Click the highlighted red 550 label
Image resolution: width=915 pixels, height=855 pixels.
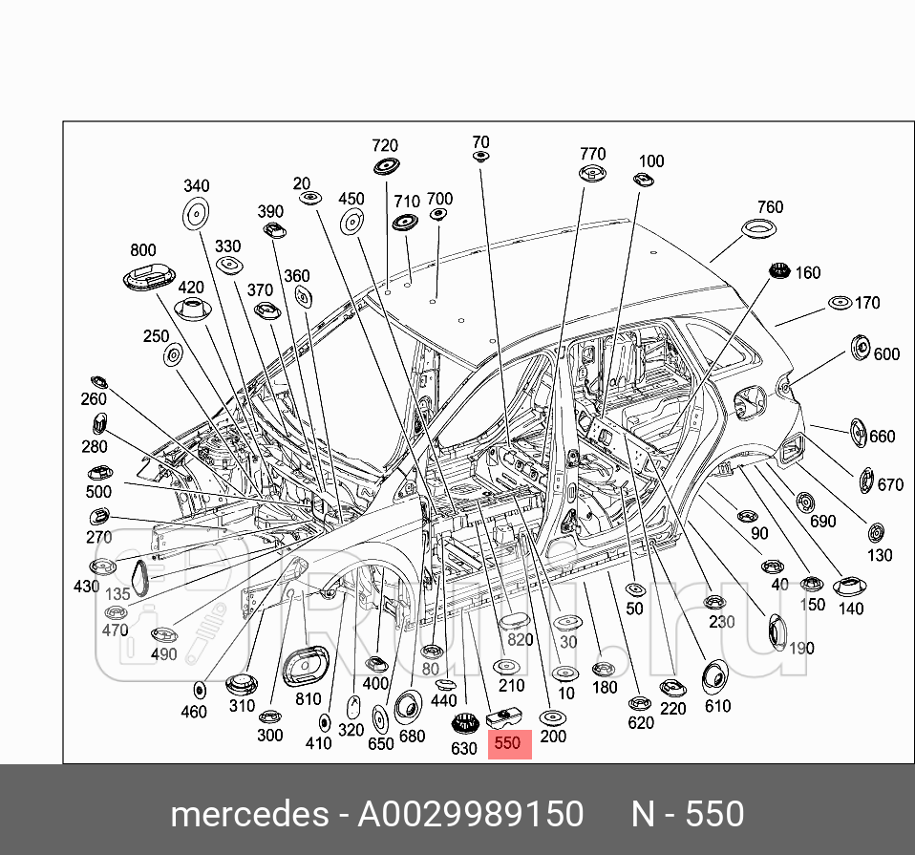pyautogui.click(x=508, y=742)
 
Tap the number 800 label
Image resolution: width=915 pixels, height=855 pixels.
pyautogui.click(x=143, y=250)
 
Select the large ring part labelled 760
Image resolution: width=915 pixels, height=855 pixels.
pyautogui.click(x=760, y=230)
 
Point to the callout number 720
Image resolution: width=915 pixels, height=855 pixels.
pyautogui.click(x=384, y=145)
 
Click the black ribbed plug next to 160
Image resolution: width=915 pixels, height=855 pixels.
pyautogui.click(x=779, y=272)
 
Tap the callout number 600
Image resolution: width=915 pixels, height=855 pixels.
pyautogui.click(x=886, y=353)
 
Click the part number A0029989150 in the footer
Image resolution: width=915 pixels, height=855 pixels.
pyautogui.click(x=470, y=814)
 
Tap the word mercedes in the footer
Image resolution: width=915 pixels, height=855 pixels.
pyautogui.click(x=247, y=814)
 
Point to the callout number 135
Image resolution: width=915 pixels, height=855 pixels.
pyautogui.click(x=117, y=593)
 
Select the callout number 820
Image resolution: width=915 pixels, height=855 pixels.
pyautogui.click(x=520, y=640)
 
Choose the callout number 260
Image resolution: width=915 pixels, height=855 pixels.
pyautogui.click(x=94, y=399)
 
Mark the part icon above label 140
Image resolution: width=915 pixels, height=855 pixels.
pyautogui.click(x=849, y=587)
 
